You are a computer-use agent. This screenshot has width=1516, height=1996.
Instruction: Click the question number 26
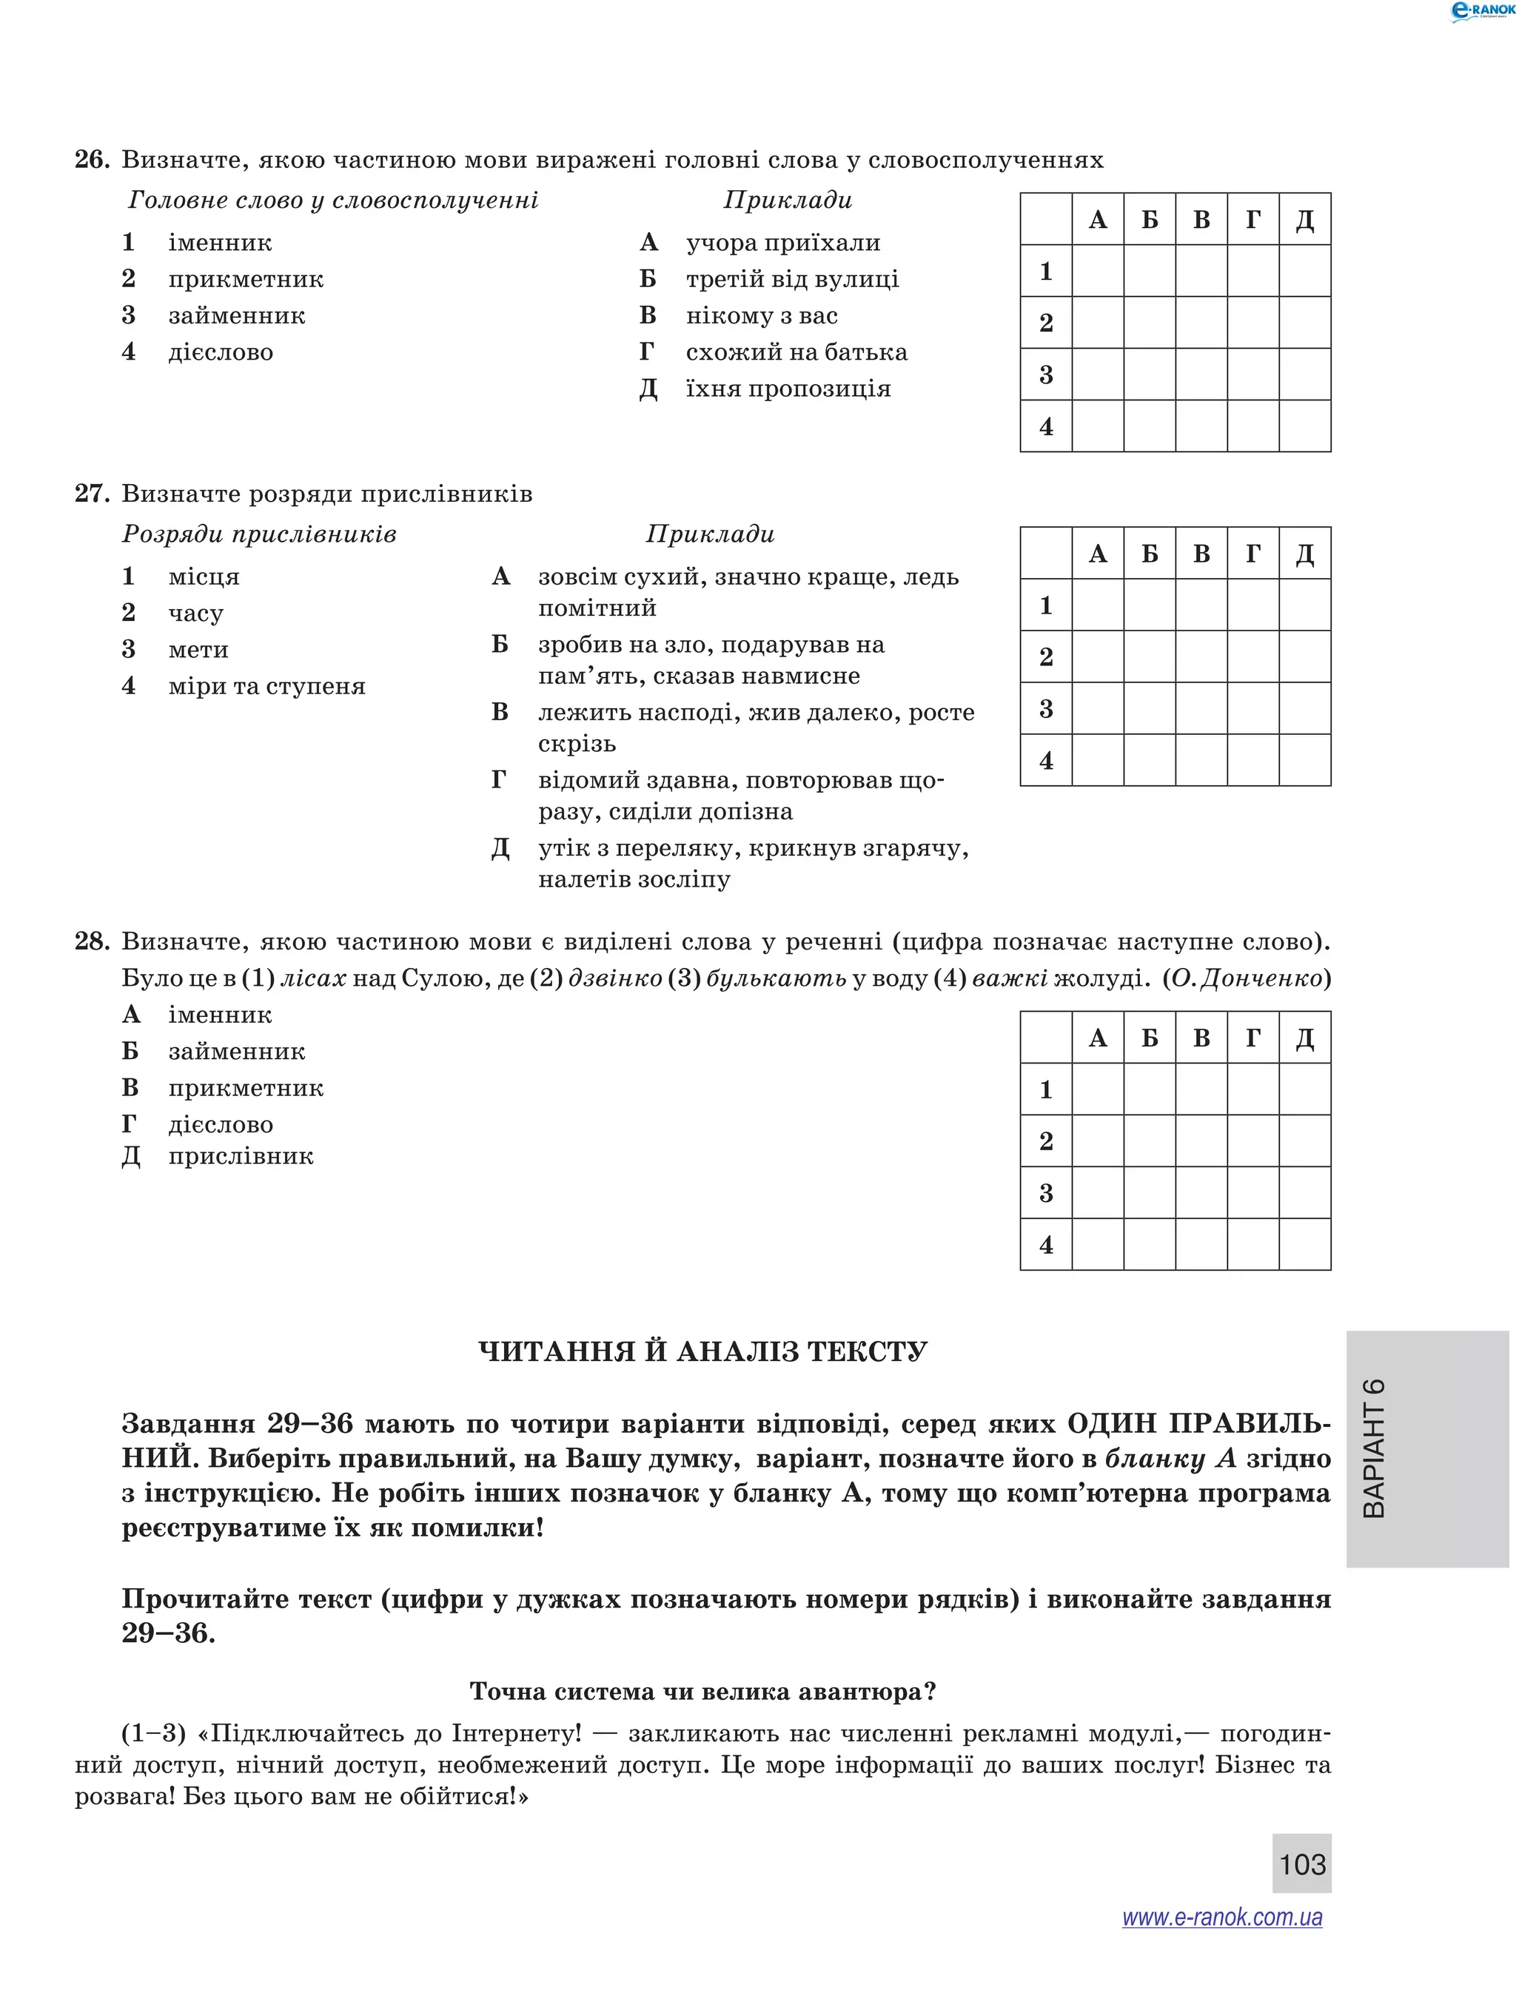pyautogui.click(x=91, y=160)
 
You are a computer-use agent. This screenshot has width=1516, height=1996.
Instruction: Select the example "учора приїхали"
pyautogui.click(x=782, y=243)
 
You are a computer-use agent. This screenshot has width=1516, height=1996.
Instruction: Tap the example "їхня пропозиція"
pyautogui.click(x=788, y=389)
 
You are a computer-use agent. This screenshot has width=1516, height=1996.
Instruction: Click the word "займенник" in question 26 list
pyautogui.click(x=236, y=316)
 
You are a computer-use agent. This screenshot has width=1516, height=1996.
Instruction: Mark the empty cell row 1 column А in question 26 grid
pyautogui.click(x=1097, y=271)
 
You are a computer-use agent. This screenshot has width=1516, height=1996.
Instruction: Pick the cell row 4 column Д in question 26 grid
pyautogui.click(x=1305, y=426)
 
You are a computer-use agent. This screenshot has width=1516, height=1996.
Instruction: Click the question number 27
pyautogui.click(x=91, y=494)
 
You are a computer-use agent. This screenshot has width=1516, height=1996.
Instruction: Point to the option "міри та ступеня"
pyautogui.click(x=266, y=686)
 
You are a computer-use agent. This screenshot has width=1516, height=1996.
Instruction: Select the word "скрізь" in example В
pyautogui.click(x=577, y=744)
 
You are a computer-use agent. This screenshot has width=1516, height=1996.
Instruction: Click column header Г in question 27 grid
pyautogui.click(x=1253, y=553)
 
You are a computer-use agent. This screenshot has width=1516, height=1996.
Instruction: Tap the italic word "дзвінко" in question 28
pyautogui.click(x=614, y=978)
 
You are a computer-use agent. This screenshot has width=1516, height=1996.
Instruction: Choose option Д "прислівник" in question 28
pyautogui.click(x=240, y=1156)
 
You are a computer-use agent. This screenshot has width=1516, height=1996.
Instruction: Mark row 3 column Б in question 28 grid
pyautogui.click(x=1150, y=1192)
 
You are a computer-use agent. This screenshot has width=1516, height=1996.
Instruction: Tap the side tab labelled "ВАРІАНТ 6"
pyautogui.click(x=1426, y=1448)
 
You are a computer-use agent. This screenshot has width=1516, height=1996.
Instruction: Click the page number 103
pyautogui.click(x=1301, y=1864)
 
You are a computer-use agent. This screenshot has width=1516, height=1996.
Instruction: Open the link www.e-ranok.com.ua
pyautogui.click(x=1222, y=1918)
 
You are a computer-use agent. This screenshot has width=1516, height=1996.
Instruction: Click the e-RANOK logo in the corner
pyautogui.click(x=1480, y=11)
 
